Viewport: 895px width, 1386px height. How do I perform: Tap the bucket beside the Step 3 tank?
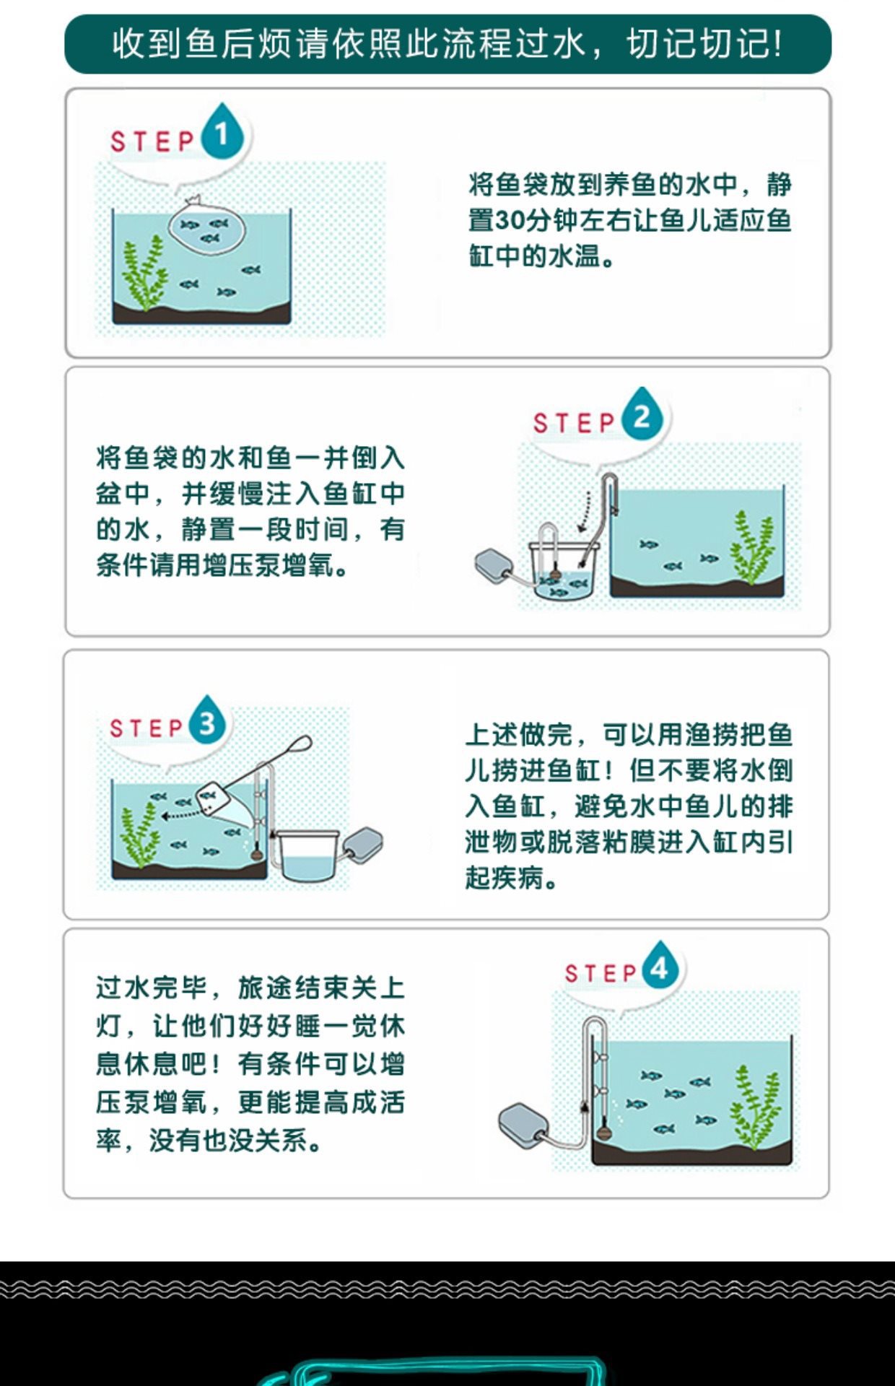pyautogui.click(x=308, y=855)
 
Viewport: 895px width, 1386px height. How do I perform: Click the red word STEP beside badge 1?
pyautogui.click(x=152, y=141)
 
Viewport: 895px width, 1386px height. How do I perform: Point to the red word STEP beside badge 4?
pyautogui.click(x=601, y=973)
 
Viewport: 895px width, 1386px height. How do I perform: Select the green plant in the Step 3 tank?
pyautogui.click(x=139, y=834)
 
